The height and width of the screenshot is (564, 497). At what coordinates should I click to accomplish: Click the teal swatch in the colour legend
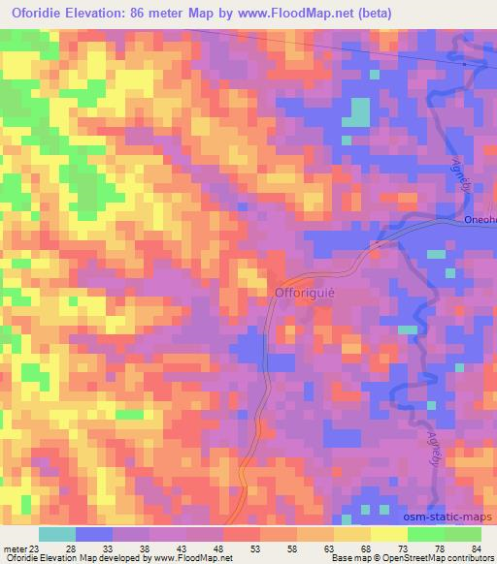[x=57, y=534]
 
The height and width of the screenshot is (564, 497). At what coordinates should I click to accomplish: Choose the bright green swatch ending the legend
[x=462, y=534]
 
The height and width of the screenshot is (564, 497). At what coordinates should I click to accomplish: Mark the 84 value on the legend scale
[x=476, y=549]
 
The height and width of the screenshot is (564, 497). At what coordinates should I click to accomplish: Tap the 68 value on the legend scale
[x=367, y=549]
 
